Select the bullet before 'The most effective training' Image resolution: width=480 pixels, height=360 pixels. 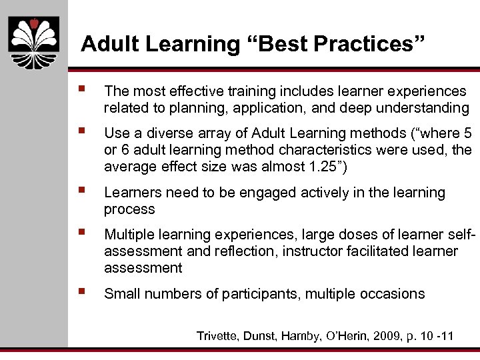81,89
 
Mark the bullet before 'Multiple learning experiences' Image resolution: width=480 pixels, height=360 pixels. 81,233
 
